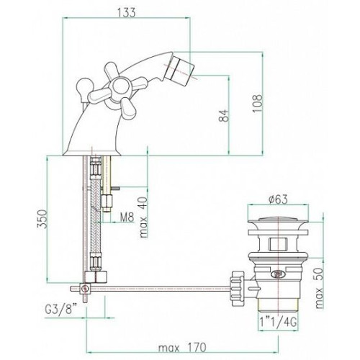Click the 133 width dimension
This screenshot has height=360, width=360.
pyautogui.click(x=127, y=12)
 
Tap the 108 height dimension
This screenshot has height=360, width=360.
pyautogui.click(x=258, y=104)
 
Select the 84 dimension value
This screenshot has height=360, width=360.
pyautogui.click(x=224, y=116)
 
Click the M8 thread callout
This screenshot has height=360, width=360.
pyautogui.click(x=127, y=218)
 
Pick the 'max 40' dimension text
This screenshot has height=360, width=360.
pyautogui.click(x=143, y=217)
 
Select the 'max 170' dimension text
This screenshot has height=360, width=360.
pyautogui.click(x=182, y=347)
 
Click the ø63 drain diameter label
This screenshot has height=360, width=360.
pyautogui.click(x=278, y=199)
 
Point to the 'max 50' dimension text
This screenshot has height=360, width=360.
pyautogui.click(x=320, y=288)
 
